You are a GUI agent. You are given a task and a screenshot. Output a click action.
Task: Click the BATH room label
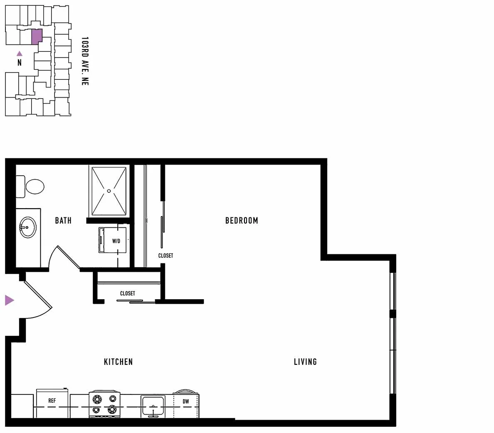(63, 220)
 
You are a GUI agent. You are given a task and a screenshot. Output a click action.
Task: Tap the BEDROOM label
(242, 220)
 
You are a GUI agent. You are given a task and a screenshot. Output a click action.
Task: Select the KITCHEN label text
(119, 362)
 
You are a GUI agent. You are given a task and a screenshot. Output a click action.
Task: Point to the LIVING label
(305, 362)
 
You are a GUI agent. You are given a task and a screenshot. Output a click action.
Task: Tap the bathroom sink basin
(28, 227)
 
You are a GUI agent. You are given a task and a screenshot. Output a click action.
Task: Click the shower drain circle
(109, 191)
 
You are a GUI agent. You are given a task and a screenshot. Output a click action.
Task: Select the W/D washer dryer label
(116, 241)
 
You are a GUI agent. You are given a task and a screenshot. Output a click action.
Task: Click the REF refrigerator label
(52, 401)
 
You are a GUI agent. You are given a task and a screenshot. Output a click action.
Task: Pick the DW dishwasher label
(186, 401)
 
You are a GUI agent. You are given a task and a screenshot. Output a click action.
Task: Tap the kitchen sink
(153, 406)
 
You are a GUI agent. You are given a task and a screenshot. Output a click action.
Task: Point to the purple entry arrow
(9, 300)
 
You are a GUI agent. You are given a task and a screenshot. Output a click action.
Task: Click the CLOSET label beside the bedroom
(166, 256)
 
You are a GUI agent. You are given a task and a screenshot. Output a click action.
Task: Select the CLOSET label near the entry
(128, 293)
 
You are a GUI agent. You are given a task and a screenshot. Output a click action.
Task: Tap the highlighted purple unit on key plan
(37, 37)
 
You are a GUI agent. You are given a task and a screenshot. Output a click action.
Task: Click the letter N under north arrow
(20, 63)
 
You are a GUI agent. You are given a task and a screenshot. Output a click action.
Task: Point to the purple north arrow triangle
(20, 54)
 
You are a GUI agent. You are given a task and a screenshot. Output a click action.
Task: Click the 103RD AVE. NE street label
(85, 61)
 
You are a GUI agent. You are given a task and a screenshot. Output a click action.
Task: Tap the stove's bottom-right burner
(112, 409)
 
